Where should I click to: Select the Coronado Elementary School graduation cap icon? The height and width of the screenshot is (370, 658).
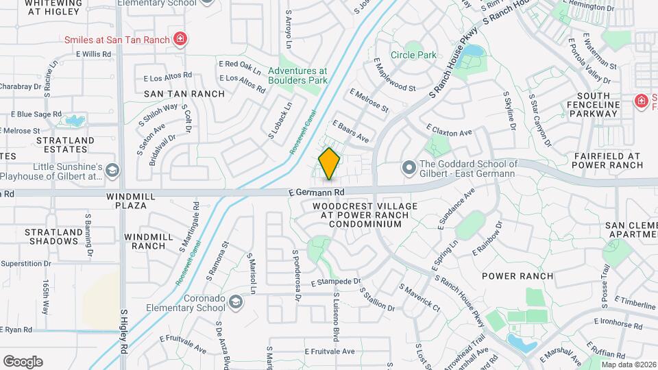tap(236, 301)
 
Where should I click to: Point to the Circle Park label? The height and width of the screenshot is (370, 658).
tap(413, 55)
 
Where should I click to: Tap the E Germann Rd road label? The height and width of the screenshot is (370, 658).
tap(315, 194)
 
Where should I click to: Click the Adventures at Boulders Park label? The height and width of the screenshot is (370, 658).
tap(297, 75)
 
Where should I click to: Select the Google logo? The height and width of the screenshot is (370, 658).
tap(23, 361)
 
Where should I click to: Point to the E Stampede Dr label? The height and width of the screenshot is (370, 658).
tap(335, 282)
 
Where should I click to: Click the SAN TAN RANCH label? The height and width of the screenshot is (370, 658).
tap(184, 94)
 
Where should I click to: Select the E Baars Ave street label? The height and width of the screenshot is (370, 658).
tap(350, 132)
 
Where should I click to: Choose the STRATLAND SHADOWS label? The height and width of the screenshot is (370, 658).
tap(52, 236)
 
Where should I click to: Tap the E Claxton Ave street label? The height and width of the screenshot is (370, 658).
tap(449, 129)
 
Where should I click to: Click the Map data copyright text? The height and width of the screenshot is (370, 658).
tap(629, 364)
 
